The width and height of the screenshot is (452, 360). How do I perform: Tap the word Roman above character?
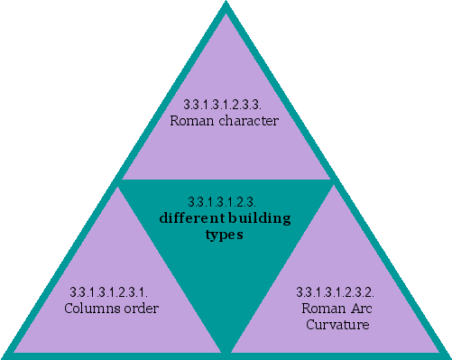click(194, 120)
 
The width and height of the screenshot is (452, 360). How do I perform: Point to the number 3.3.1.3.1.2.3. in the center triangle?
click(225, 201)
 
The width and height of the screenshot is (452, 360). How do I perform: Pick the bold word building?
click(256, 217)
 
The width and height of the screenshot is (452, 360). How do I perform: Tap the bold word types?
click(225, 234)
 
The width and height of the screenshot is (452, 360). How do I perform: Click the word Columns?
click(91, 308)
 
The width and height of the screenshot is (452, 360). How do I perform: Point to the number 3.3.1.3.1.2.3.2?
click(336, 292)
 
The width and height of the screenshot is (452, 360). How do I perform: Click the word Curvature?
click(337, 323)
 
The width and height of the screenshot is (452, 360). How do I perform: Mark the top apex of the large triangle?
click(226, 5)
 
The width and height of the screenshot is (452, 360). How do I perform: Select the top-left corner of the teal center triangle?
click(121, 181)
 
